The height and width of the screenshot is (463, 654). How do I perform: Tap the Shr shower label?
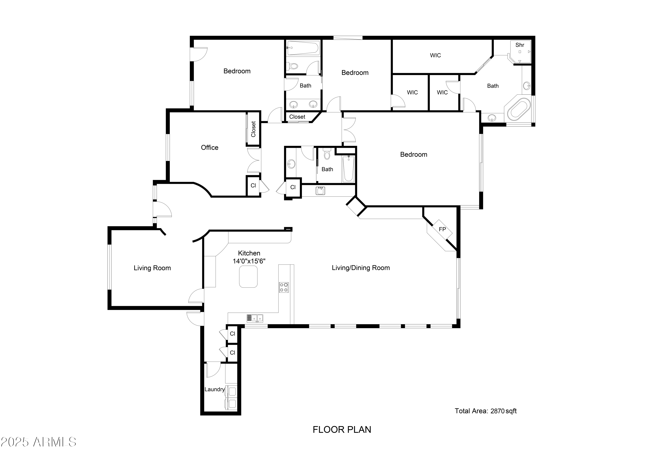pyautogui.click(x=520, y=45)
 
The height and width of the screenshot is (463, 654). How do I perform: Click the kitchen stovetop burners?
pyautogui.click(x=284, y=287)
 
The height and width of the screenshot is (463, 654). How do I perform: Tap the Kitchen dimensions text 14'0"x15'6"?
pyautogui.click(x=249, y=261)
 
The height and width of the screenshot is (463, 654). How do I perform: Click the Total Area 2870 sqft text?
pyautogui.click(x=486, y=411)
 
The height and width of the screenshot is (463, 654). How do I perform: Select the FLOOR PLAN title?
pyautogui.click(x=342, y=430)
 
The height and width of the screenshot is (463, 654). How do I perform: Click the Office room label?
pyautogui.click(x=210, y=148)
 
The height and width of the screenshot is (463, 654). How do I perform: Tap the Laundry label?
pyautogui.click(x=215, y=389)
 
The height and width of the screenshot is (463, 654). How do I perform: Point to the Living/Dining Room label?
pyautogui.click(x=361, y=268)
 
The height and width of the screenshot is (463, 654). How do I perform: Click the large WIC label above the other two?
pyautogui.click(x=435, y=55)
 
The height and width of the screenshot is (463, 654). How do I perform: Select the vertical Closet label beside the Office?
pyautogui.click(x=253, y=129)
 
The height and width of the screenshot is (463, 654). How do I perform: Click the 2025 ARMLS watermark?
pyautogui.click(x=38, y=442)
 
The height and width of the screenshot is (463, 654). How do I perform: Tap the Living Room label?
pyautogui.click(x=152, y=268)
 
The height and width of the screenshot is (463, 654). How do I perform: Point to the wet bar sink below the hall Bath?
pyautogui.click(x=320, y=191)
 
